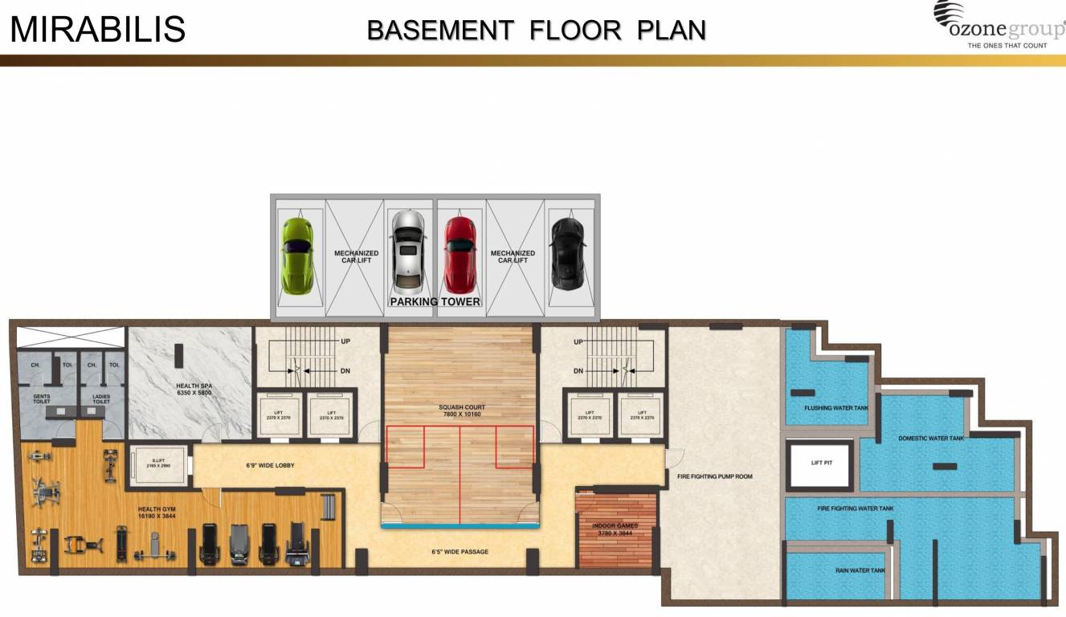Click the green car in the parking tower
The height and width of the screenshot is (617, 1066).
tap(297, 256)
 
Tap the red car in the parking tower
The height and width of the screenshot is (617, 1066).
tap(460, 255)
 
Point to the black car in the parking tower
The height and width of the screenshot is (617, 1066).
tap(567, 254)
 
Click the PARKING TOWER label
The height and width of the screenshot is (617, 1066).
tap(435, 302)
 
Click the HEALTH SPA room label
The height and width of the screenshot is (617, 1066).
tap(194, 390)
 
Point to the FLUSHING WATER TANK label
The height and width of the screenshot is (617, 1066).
tap(836, 408)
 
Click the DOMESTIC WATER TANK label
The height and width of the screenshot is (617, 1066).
tap(931, 439)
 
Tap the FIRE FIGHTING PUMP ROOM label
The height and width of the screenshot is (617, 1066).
tap(715, 476)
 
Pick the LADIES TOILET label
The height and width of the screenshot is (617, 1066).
tap(101, 399)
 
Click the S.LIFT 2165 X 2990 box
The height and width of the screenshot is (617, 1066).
tap(158, 465)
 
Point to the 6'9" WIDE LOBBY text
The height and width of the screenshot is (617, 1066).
tap(270, 466)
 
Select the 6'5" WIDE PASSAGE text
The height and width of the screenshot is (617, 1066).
tap(459, 552)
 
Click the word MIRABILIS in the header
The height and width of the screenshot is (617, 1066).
tap(98, 29)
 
